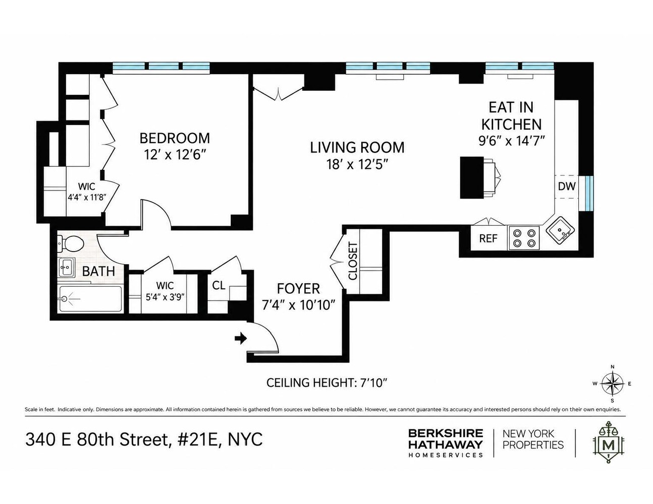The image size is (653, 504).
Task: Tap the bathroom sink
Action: tap(67, 267)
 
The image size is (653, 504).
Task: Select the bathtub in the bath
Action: tap(90, 299)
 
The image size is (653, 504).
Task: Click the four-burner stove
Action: tap(524, 238)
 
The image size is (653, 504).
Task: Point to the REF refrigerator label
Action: tap(488, 238)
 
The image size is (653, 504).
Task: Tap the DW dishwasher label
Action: tap(566, 186)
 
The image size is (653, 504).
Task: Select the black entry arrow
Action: tap(241, 339)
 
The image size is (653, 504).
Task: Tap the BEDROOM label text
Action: tap(175, 138)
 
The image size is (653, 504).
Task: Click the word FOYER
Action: tap(298, 289)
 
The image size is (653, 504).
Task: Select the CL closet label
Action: tap(219, 285)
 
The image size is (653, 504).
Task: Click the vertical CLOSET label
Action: tap(353, 261)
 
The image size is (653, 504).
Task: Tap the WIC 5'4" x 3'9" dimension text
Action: tap(165, 297)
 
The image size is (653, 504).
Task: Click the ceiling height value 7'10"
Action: tap(371, 383)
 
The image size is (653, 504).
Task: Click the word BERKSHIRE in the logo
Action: tap(446, 433)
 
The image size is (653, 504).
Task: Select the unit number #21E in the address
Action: tap(199, 440)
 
